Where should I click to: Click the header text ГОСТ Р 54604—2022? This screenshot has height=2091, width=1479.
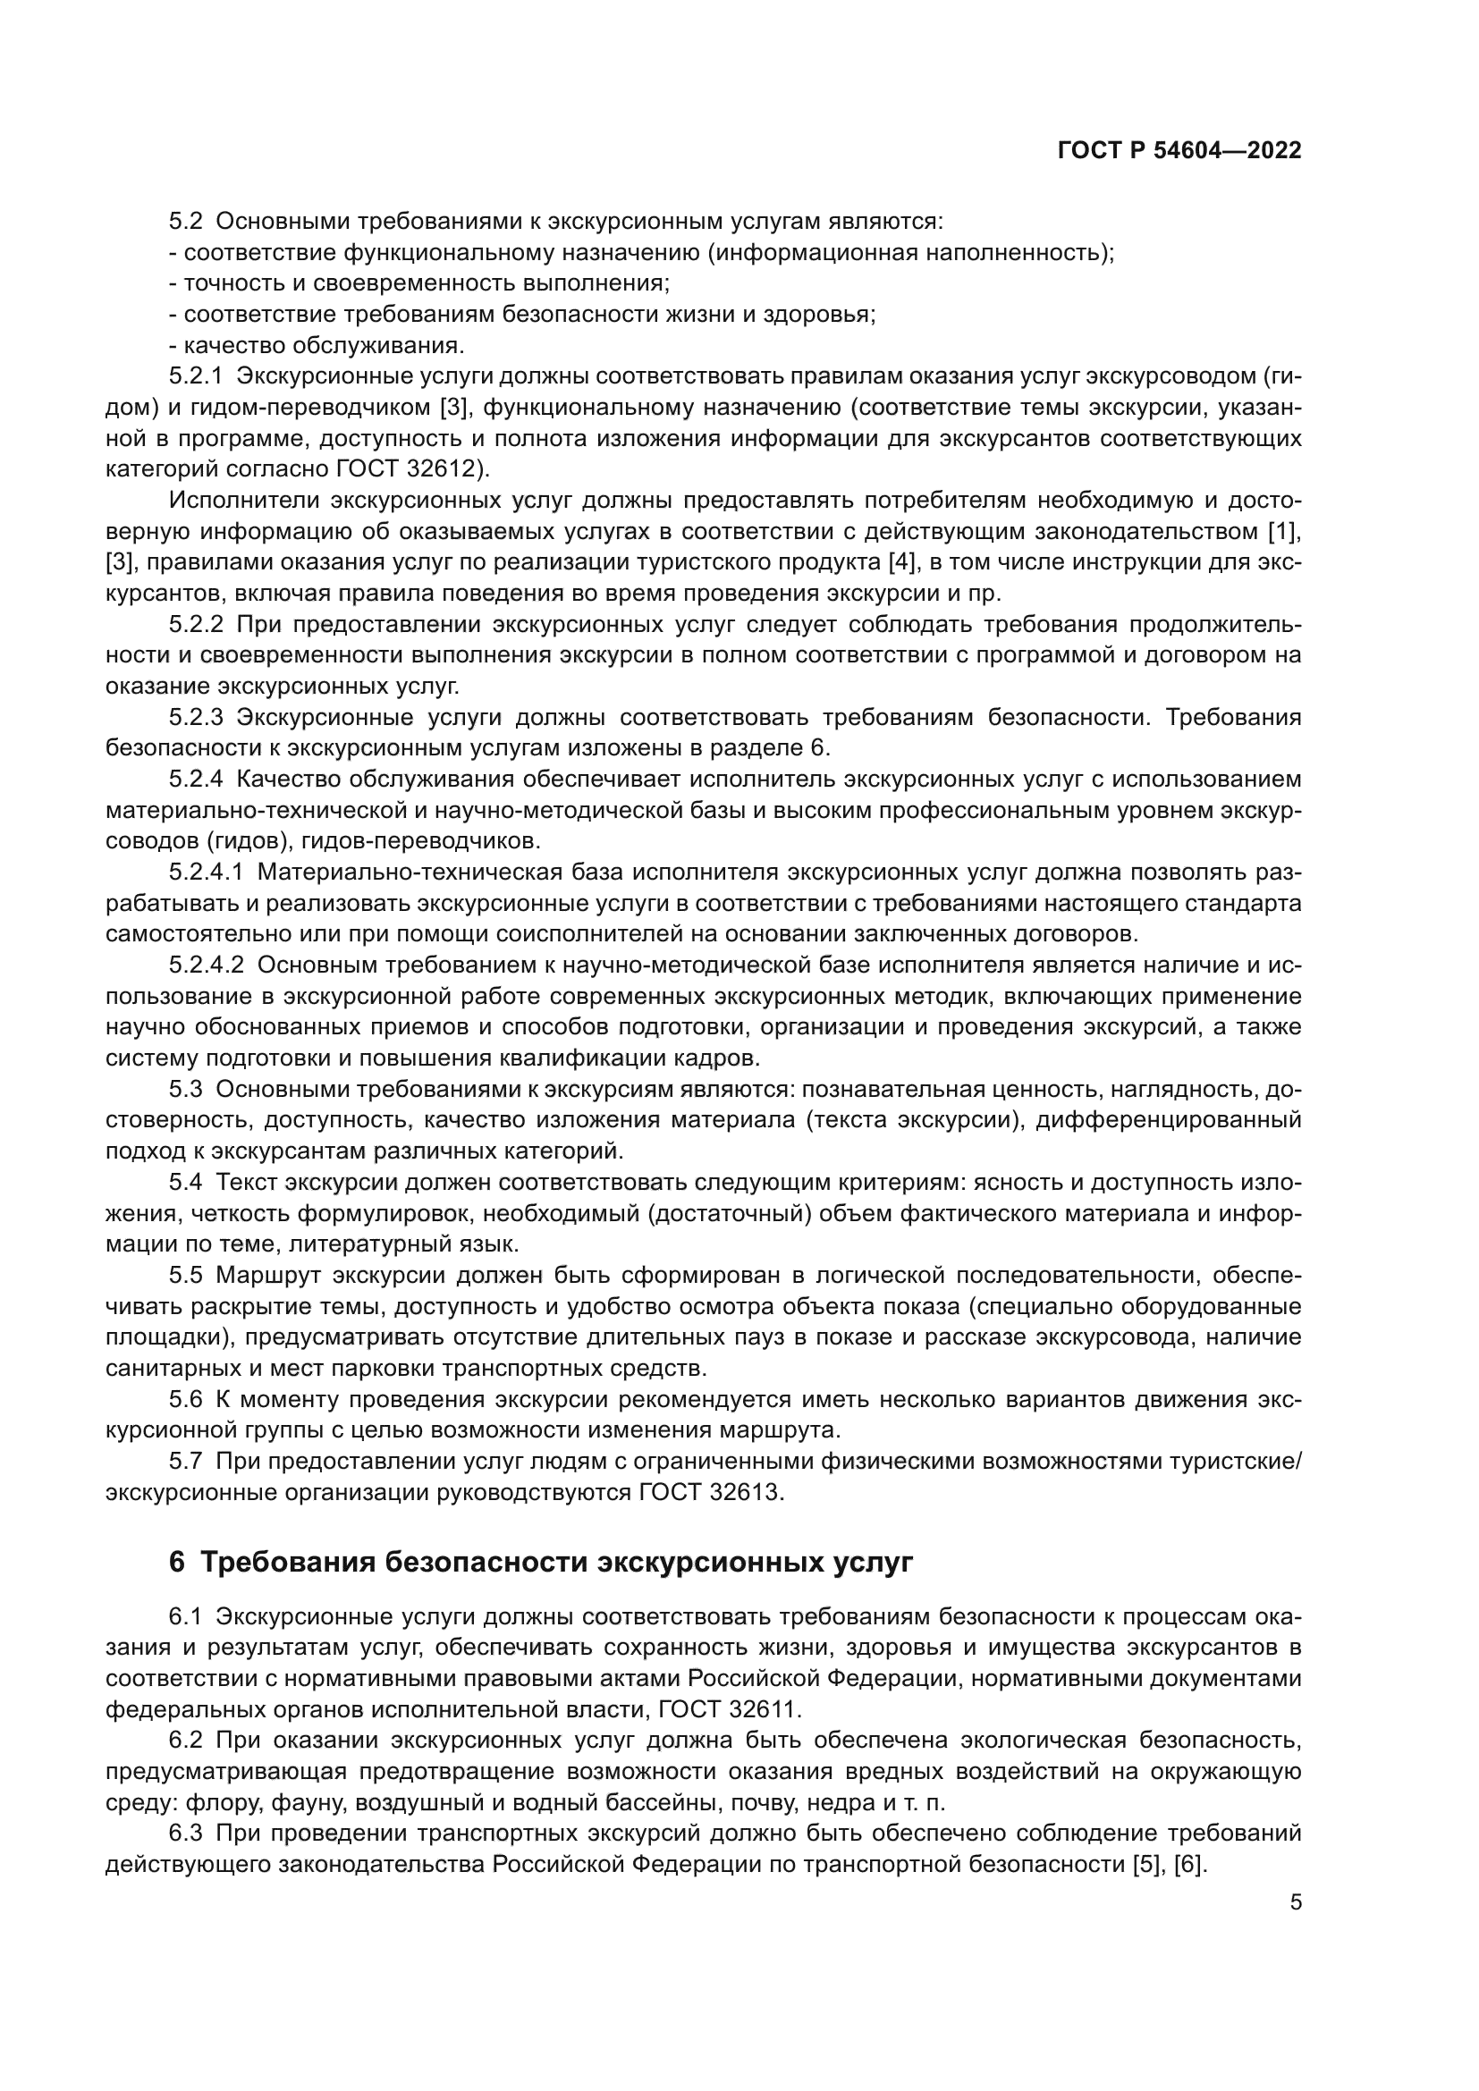click(x=1179, y=151)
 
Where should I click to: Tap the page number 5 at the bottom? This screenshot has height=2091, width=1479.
click(x=1296, y=1901)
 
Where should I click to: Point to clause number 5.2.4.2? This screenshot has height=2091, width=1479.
click(x=207, y=965)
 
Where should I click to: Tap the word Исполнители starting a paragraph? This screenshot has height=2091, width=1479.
click(x=242, y=500)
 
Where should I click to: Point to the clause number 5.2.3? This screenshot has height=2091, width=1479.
click(x=196, y=717)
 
